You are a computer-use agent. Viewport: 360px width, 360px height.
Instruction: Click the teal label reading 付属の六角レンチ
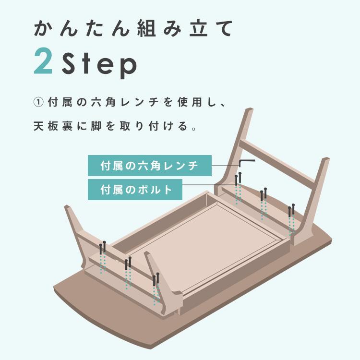pyautogui.click(x=149, y=166)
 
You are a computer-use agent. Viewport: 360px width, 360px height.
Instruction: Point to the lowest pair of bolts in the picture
pyautogui.click(x=156, y=278)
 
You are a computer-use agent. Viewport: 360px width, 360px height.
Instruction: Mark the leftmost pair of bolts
pyautogui.click(x=103, y=247)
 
